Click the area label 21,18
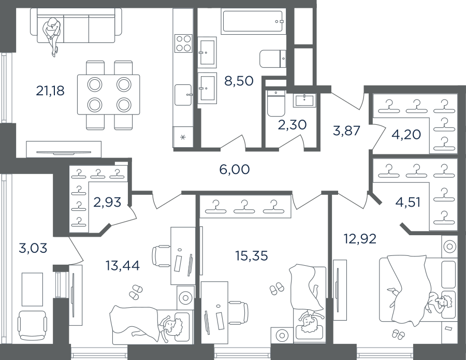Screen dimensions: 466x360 (50, 91)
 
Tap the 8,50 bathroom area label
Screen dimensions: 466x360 (239, 81)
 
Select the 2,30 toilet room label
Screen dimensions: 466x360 (292, 125)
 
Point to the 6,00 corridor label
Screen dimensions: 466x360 (235, 169)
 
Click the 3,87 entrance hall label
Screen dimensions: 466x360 (346, 131)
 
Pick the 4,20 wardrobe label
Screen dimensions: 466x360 (407, 134)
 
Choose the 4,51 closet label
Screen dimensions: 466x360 (408, 203)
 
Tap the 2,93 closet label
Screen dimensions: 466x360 (107, 202)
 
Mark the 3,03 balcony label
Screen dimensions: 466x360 (33, 248)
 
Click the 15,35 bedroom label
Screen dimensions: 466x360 (252, 255)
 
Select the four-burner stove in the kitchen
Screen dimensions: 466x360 (183, 44)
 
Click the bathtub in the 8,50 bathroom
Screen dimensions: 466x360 (253, 21)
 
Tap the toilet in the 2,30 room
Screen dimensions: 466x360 (275, 104)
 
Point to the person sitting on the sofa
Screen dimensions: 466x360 (52, 36)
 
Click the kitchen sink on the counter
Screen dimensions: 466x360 (183, 95)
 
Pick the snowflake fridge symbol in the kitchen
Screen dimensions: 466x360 (183, 137)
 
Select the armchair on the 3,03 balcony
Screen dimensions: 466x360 (32, 326)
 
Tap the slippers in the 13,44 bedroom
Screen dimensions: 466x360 (136, 291)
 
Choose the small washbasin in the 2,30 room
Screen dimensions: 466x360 (304, 100)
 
